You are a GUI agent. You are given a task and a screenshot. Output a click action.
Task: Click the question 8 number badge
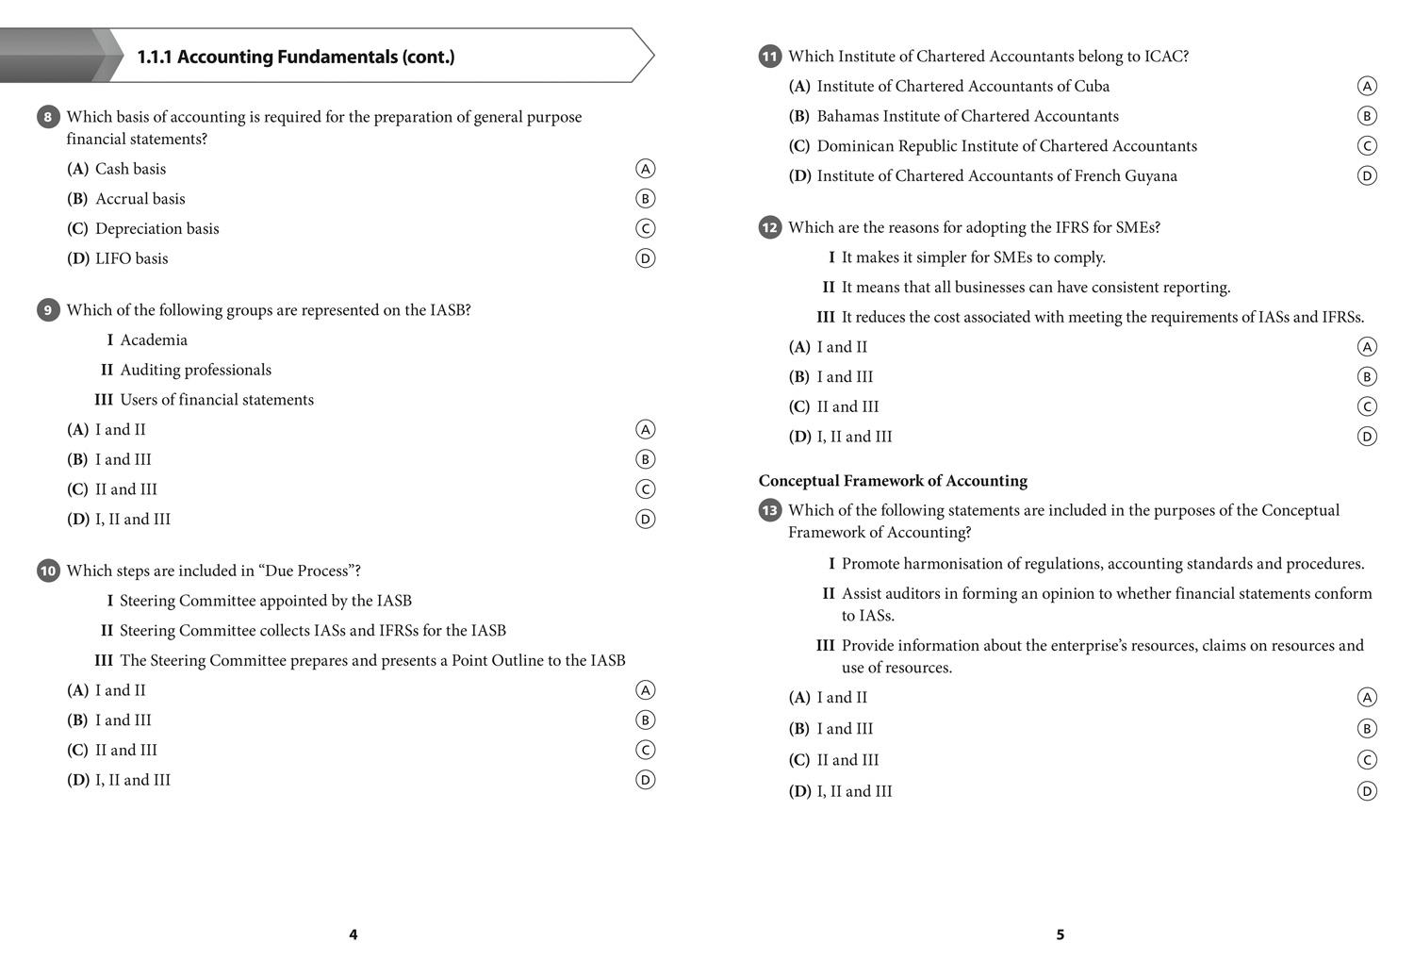(x=48, y=117)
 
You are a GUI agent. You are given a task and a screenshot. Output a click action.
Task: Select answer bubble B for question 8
(x=645, y=198)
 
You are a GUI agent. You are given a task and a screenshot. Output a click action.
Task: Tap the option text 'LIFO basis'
(x=131, y=258)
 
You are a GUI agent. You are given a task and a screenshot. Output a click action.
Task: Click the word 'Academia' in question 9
(x=154, y=339)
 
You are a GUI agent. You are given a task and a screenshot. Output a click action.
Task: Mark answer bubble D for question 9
(x=645, y=519)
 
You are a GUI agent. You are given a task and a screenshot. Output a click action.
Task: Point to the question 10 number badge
(x=48, y=571)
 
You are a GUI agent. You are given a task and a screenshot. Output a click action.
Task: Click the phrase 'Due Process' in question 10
(x=306, y=571)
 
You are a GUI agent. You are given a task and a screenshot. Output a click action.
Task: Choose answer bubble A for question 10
(x=645, y=690)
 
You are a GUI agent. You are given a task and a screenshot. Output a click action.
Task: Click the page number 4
(x=353, y=935)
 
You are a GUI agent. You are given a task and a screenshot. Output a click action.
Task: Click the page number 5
(x=1060, y=935)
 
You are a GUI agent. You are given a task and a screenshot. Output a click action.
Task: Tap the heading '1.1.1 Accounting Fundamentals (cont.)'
(x=296, y=57)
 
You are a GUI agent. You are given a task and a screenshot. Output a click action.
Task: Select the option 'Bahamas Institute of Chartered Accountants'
(x=967, y=116)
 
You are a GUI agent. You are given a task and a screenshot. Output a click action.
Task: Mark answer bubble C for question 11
(x=1367, y=145)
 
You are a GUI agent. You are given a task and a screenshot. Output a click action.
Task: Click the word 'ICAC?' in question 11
(x=1166, y=57)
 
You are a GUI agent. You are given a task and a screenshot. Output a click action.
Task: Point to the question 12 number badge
(x=770, y=227)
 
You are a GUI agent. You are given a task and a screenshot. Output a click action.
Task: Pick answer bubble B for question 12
(x=1367, y=376)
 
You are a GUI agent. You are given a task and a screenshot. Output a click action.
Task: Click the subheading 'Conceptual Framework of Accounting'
(x=893, y=480)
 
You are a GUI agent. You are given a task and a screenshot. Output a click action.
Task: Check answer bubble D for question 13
(x=1367, y=791)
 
